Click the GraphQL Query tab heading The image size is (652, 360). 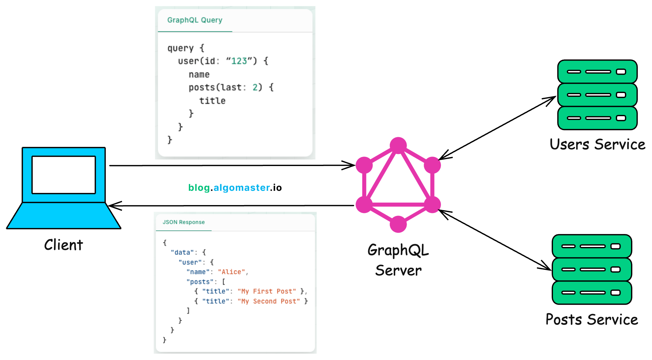pyautogui.click(x=195, y=20)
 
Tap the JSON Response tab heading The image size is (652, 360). pyautogui.click(x=183, y=222)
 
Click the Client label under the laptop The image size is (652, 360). pyautogui.click(x=63, y=245)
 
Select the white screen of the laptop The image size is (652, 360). pyautogui.click(x=63, y=175)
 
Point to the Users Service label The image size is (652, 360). pyautogui.click(x=597, y=144)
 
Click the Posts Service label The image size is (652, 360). pyautogui.click(x=592, y=319)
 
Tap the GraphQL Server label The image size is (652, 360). pyautogui.click(x=398, y=260)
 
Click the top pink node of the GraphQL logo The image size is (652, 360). pyautogui.click(x=398, y=145)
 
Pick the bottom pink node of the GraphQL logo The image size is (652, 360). pyautogui.click(x=398, y=224)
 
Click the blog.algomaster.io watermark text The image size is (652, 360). pyautogui.click(x=235, y=188)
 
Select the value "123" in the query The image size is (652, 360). pyautogui.click(x=239, y=61)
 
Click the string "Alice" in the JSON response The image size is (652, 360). pyautogui.click(x=231, y=272)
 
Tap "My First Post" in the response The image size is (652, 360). pyautogui.click(x=267, y=291)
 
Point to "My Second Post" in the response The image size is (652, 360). pyautogui.click(x=269, y=301)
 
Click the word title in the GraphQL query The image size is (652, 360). pyautogui.click(x=212, y=101)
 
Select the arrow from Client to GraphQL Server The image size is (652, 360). pyautogui.click(x=232, y=165)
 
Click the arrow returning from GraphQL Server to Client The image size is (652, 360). pyautogui.click(x=232, y=206)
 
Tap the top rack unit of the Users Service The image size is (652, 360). pyautogui.click(x=597, y=72)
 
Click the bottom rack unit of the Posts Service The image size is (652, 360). pyautogui.click(x=592, y=293)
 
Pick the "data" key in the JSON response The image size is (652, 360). pyautogui.click(x=182, y=253)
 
